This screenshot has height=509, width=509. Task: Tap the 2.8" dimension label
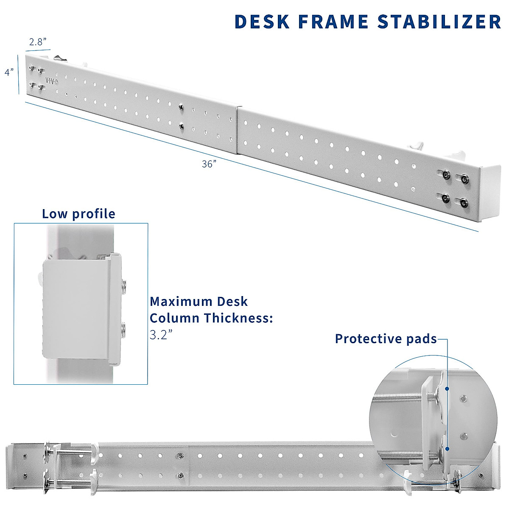coord(37,42)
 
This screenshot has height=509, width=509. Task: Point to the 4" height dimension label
coord(9,72)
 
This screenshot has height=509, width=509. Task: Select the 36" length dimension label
coord(209,164)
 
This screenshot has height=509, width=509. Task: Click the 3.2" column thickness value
coord(161,335)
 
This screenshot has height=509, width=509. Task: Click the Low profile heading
coord(78,214)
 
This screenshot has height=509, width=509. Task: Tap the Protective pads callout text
coord(386,339)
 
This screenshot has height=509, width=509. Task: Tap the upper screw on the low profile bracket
coord(123,285)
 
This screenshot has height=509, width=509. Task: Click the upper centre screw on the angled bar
coord(181,107)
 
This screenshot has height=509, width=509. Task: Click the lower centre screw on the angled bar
coord(181,125)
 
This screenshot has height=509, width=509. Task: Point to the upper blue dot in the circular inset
coord(447,388)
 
